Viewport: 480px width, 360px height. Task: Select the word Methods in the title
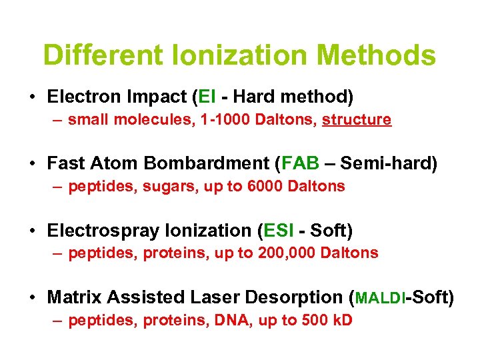tap(379, 55)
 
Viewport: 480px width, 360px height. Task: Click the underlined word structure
tap(357, 120)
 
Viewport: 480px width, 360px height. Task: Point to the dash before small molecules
tap(59, 121)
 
